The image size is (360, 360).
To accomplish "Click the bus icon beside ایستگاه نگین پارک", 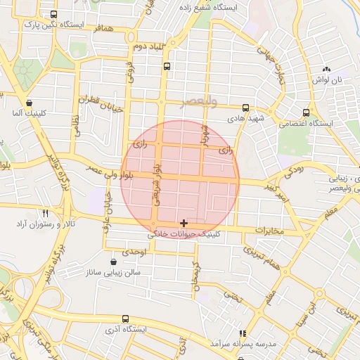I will [x=55, y=15].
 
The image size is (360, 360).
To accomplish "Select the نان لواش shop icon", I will [x=326, y=69].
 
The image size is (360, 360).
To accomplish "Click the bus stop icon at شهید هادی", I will [x=245, y=108].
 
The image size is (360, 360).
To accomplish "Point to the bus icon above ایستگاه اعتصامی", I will [x=306, y=112].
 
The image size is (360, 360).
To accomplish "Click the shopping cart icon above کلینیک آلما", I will [x=28, y=102].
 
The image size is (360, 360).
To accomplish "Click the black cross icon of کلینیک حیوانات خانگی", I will [x=184, y=223].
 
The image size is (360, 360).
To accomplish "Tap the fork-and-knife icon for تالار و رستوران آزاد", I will [x=45, y=212].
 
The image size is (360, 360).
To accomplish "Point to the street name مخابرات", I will [x=269, y=230].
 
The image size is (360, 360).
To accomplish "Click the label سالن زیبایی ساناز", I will [x=113, y=271].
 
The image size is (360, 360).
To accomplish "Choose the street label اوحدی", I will [x=132, y=251].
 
